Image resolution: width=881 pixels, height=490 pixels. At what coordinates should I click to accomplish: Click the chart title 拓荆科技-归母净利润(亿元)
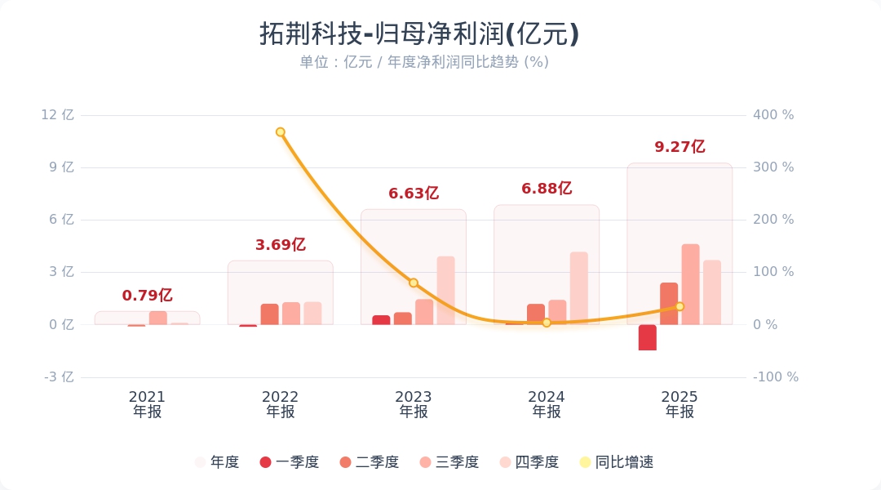coord(419,34)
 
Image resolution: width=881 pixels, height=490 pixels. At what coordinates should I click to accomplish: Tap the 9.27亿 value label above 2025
coord(680,147)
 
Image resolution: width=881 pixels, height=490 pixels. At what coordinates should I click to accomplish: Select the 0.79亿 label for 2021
coord(147,296)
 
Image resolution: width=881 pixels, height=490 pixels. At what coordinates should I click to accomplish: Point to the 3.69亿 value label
coord(280,245)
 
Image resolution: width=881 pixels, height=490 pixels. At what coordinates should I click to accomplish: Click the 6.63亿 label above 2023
coord(414,194)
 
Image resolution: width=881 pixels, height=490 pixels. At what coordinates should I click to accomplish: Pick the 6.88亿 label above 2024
coord(547,189)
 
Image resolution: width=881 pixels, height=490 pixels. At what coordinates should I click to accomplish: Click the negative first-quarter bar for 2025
coord(648,337)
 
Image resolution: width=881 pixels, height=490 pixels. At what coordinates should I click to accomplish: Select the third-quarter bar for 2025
coord(690,284)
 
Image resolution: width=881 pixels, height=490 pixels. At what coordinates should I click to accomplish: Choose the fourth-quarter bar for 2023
coord(446,291)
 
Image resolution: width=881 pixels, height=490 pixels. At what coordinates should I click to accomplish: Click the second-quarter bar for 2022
coord(270,314)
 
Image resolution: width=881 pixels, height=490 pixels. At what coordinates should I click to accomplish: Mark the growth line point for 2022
coord(280,131)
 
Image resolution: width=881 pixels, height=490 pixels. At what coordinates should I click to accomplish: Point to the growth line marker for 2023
coord(414,283)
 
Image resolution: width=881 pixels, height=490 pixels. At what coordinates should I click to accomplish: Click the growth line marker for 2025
coord(680,306)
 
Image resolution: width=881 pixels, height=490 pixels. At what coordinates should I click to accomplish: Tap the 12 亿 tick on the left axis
coord(57,115)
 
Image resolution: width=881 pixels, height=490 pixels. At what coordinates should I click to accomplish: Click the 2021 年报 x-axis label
coord(147,403)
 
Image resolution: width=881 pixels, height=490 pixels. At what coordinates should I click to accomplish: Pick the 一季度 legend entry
coord(289,462)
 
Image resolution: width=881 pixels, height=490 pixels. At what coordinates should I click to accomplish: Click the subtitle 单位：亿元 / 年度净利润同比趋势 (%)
coord(423,62)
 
